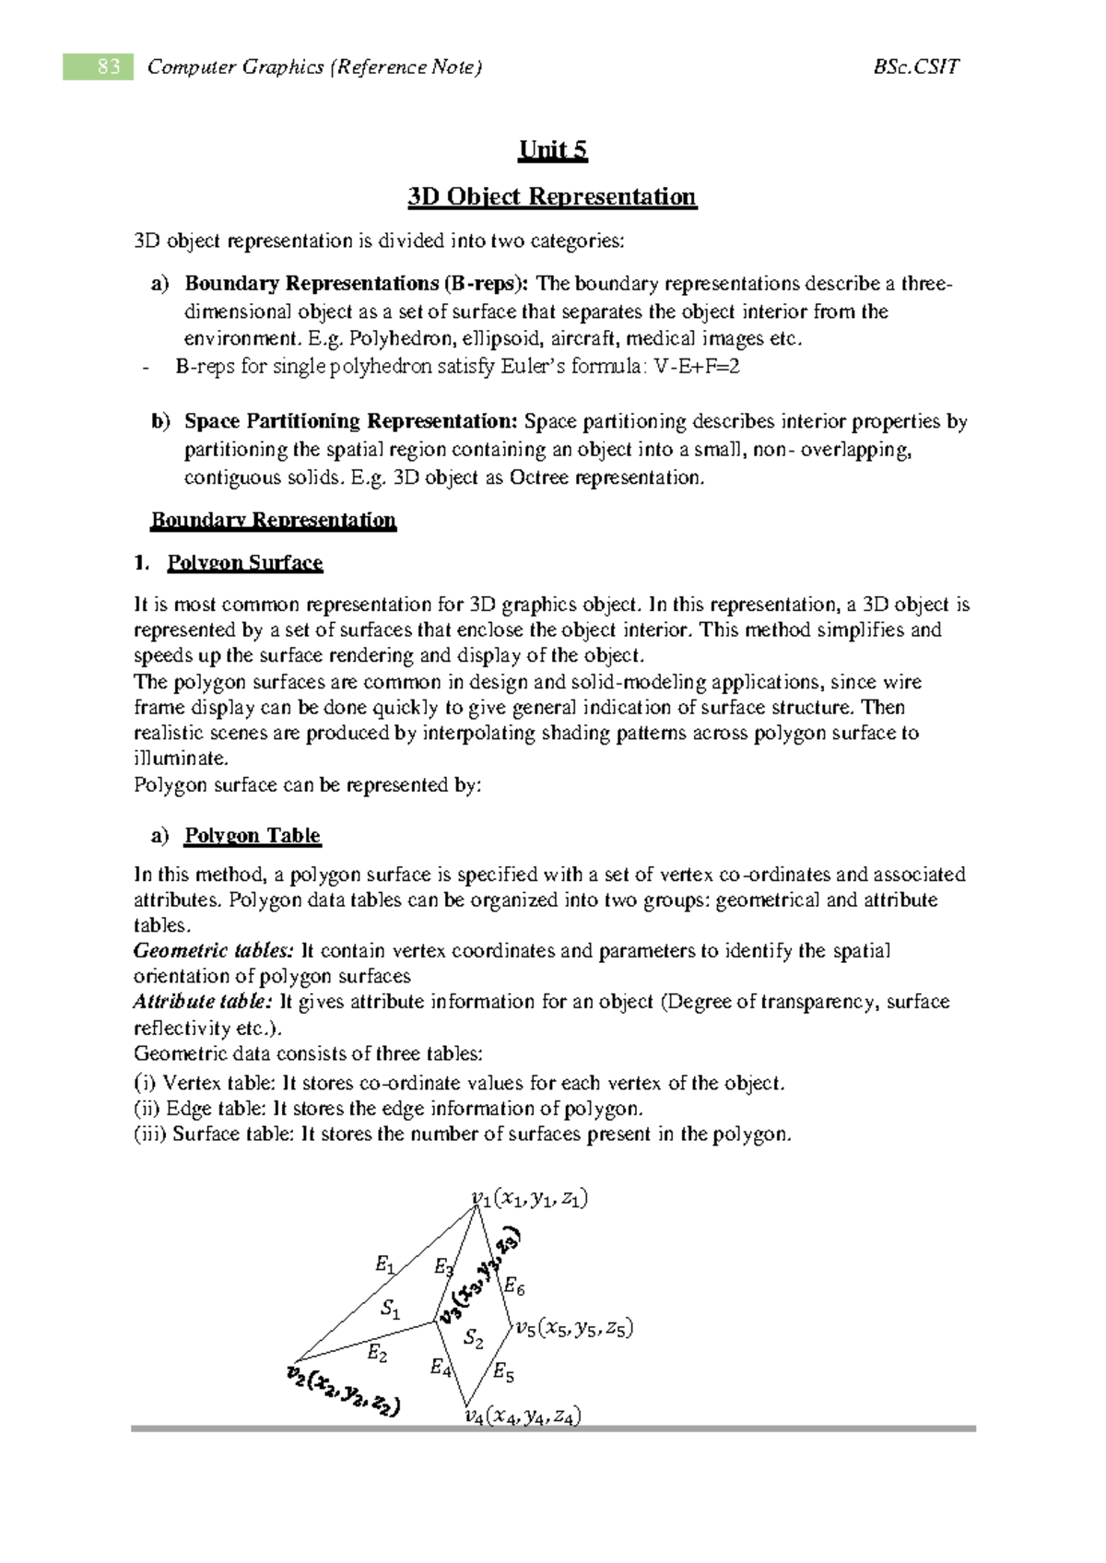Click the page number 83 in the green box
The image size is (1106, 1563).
point(108,66)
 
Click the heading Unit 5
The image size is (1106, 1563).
point(553,150)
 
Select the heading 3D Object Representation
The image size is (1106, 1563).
point(552,197)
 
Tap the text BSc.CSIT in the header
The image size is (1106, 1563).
point(915,66)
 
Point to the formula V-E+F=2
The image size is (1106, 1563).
point(697,367)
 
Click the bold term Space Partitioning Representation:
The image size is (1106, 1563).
point(351,422)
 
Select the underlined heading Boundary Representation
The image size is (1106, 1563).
point(273,521)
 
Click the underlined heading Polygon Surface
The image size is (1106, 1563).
point(244,563)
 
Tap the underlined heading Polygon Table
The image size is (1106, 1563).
point(253,836)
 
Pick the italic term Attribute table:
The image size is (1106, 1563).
point(203,1002)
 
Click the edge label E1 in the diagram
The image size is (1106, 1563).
point(384,1265)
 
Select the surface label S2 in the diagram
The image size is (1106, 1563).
point(473,1337)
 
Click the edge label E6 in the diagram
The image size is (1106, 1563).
point(513,1287)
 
